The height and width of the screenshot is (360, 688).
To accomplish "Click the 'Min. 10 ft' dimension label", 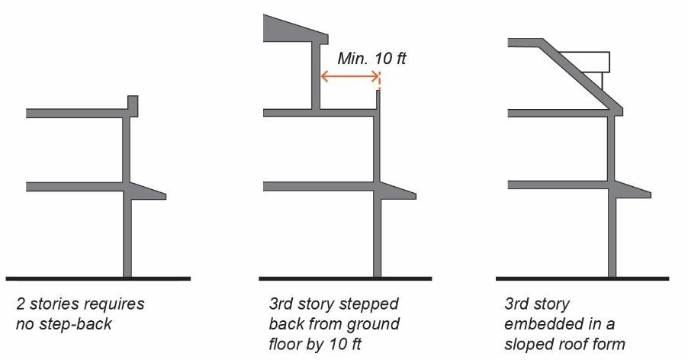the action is point(371,58).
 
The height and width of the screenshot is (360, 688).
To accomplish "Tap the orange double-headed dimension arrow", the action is point(350,76).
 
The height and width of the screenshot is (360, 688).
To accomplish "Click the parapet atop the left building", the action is point(132,105).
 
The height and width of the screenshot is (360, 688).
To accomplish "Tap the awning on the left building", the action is point(148,192).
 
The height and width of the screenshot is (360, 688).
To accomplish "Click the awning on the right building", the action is point(632,192).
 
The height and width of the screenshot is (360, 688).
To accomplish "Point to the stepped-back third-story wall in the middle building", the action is point(314,76).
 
